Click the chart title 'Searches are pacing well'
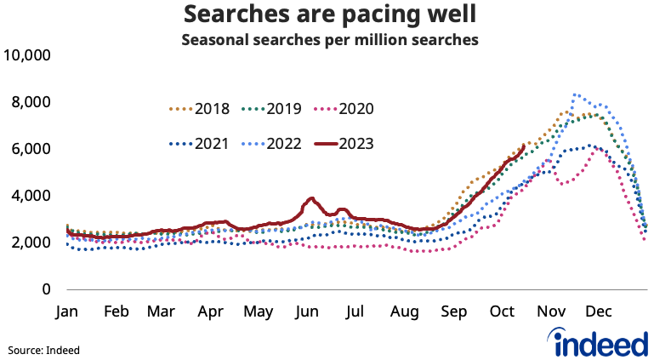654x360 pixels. click(x=327, y=15)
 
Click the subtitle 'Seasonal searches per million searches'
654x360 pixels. click(x=327, y=39)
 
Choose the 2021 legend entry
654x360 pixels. click(x=199, y=143)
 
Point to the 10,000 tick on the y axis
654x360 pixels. click(x=28, y=56)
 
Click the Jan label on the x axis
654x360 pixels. click(x=67, y=311)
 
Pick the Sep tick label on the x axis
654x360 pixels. click(x=452, y=311)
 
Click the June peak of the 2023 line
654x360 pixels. click(x=312, y=198)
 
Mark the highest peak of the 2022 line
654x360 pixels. click(x=576, y=94)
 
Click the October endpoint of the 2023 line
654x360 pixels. click(x=523, y=146)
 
